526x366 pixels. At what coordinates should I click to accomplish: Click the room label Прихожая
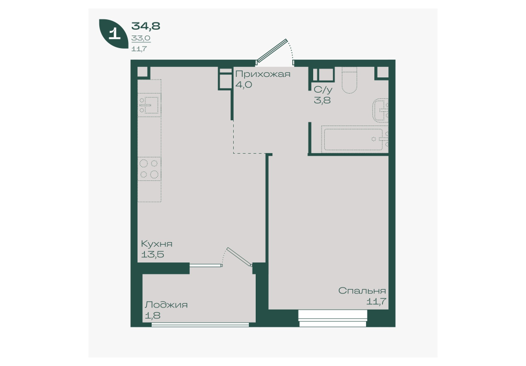(262, 74)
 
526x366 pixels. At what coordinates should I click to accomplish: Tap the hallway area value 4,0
(244, 85)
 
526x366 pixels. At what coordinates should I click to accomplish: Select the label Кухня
(157, 244)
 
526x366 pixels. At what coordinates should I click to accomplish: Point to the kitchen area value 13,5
(152, 254)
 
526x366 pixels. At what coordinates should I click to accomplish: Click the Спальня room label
(362, 291)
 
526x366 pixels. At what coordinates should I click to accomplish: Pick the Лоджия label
(166, 305)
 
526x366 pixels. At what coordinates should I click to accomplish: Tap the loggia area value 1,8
(153, 316)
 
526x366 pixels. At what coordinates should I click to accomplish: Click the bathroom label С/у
(323, 89)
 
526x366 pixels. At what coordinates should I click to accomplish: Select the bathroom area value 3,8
(323, 100)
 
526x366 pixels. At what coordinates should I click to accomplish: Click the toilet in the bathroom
(350, 80)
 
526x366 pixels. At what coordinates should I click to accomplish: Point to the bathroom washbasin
(381, 110)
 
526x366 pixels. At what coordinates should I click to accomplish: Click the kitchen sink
(150, 105)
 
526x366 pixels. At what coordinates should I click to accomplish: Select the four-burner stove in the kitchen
(150, 169)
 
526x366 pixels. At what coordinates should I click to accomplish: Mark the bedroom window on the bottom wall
(333, 318)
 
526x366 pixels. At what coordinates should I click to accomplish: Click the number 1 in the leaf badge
(115, 33)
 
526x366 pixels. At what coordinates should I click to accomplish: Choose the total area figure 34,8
(145, 26)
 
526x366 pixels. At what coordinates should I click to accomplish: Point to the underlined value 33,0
(141, 38)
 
